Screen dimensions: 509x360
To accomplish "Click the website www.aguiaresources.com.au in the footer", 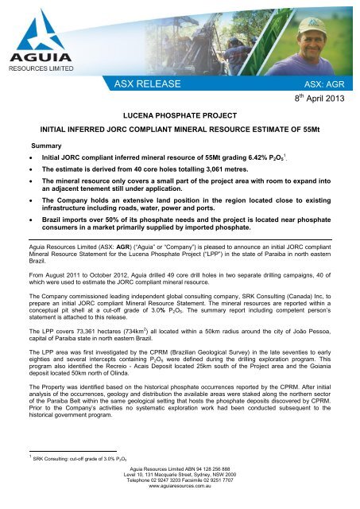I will click(x=180, y=503).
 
